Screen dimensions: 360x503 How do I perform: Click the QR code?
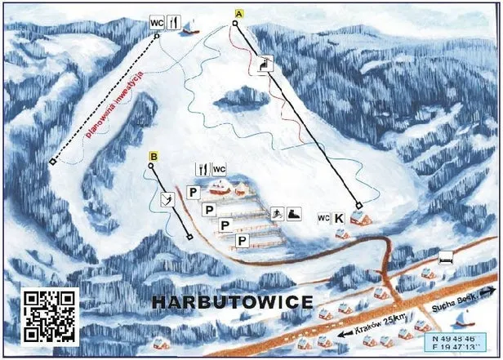[51, 316]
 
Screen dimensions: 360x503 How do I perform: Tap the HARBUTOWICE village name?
[233, 303]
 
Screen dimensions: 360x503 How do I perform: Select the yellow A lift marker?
[238, 14]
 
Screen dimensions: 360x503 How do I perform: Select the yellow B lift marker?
[153, 156]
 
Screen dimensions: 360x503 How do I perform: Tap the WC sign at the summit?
[157, 24]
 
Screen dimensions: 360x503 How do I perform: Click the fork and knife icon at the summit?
[172, 24]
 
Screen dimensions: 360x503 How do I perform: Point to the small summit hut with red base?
[190, 29]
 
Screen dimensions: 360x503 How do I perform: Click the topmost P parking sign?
[193, 193]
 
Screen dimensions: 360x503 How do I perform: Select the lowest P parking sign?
[242, 240]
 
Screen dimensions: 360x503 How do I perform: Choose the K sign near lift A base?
[339, 219]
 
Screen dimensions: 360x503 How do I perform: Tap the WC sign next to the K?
[323, 218]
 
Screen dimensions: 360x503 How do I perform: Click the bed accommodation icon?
[445, 258]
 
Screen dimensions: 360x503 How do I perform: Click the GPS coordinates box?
[456, 341]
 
